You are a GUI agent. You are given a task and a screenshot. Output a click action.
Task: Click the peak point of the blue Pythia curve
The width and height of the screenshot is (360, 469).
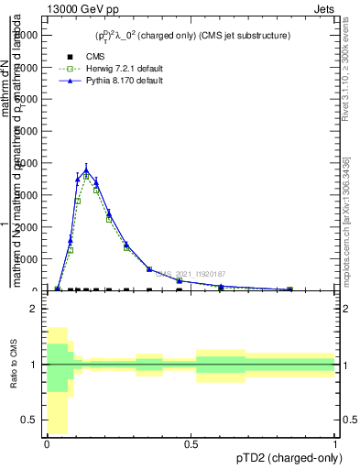pyautogui.click(x=86, y=171)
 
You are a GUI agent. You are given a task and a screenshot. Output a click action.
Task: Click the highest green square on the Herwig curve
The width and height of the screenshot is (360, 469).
pyautogui.click(x=86, y=176)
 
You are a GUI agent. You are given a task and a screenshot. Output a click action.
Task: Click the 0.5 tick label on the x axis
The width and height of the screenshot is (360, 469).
pyautogui.click(x=191, y=444)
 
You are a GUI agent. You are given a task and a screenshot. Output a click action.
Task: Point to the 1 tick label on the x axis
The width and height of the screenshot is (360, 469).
pyautogui.click(x=335, y=444)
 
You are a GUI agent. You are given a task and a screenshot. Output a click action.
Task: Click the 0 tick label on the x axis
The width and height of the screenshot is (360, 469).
pyautogui.click(x=46, y=444)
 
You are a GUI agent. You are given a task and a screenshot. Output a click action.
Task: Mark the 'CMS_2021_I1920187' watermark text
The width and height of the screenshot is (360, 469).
pyautogui.click(x=190, y=274)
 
